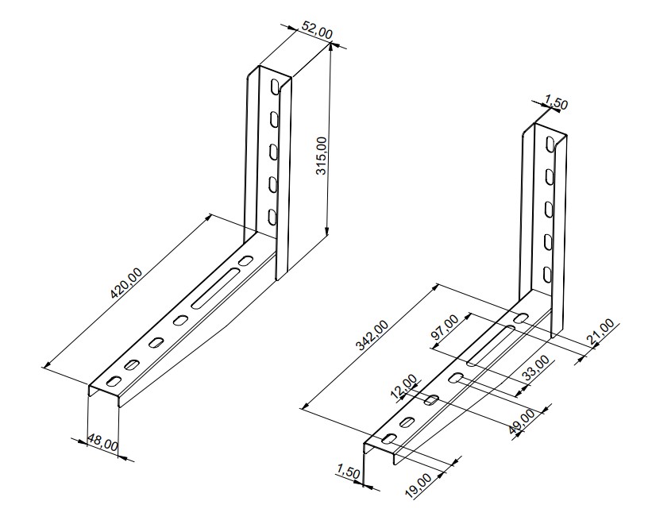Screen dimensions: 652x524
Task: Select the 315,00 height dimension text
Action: [322, 156]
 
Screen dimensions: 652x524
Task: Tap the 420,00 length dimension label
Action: [126, 283]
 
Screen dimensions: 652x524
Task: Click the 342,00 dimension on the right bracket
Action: [372, 335]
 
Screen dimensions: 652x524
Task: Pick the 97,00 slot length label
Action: [445, 327]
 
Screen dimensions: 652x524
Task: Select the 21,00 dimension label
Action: [600, 332]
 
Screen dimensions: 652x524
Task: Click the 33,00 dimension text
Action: [535, 368]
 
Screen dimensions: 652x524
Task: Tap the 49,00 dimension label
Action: [522, 422]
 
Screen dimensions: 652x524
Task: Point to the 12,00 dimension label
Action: [403, 387]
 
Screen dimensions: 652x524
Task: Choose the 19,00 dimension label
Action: [419, 485]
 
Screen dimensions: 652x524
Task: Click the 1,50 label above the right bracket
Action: [556, 102]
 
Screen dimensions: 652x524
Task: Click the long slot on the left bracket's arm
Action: [216, 288]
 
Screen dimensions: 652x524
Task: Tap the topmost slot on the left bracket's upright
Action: [274, 86]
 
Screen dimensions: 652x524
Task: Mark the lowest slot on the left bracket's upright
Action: [272, 218]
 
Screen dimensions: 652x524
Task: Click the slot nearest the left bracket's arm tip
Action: [114, 380]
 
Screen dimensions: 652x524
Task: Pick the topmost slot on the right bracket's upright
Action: [550, 144]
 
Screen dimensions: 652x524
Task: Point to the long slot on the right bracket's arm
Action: [491, 346]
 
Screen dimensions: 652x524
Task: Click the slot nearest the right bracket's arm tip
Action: [390, 439]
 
